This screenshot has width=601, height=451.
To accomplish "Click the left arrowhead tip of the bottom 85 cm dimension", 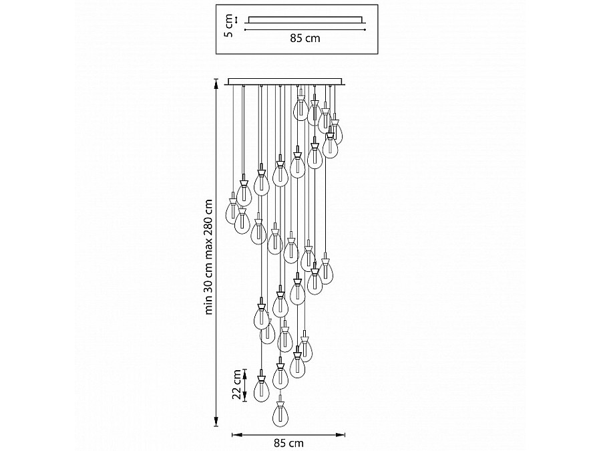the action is tap(232, 434).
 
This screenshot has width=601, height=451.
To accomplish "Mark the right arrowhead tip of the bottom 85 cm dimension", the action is tap(345, 434).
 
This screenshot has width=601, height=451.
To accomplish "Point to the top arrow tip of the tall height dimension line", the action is tap(216, 79).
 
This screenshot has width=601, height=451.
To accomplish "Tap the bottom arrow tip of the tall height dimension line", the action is tap(216, 427).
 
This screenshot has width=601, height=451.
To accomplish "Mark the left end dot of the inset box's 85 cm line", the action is tap(244, 29).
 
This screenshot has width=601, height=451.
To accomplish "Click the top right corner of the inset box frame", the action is tap(378, 5).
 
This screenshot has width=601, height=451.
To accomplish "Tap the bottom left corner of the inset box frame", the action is tap(216, 53).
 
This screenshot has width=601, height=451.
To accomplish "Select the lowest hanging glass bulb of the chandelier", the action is tap(280, 414).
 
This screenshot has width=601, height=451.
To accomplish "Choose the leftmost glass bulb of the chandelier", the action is tap(232, 212).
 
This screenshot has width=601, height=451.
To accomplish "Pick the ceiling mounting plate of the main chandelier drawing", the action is tap(286, 82).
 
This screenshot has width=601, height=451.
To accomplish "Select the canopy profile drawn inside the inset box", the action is tap(305, 20).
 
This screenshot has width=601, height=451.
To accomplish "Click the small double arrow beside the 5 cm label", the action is tap(236, 19).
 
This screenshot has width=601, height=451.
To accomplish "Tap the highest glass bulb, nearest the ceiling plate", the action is tap(301, 108).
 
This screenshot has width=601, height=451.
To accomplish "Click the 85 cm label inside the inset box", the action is tap(305, 38).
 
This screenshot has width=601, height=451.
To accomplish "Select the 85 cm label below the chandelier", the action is tap(288, 444).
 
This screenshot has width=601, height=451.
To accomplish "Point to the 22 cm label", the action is tap(238, 385).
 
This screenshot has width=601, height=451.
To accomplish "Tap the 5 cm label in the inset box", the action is tap(228, 25).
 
